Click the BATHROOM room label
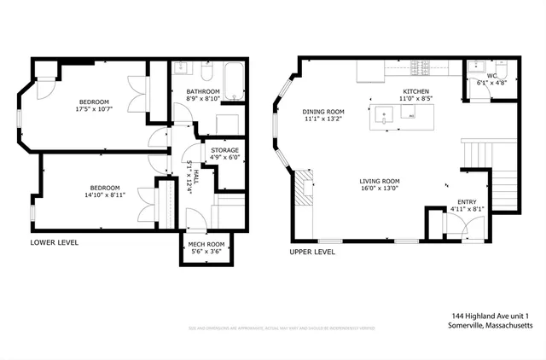tap(203, 91)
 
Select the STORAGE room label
tap(224, 150)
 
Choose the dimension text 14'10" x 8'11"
tap(106, 195)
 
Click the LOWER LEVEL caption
tap(55, 242)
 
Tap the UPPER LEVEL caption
tap(312, 253)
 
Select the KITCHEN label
tap(415, 91)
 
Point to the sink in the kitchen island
tap(389, 119)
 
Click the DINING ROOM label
tap(322, 111)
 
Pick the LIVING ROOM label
tap(380, 181)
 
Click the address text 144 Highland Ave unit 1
tap(492, 316)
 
